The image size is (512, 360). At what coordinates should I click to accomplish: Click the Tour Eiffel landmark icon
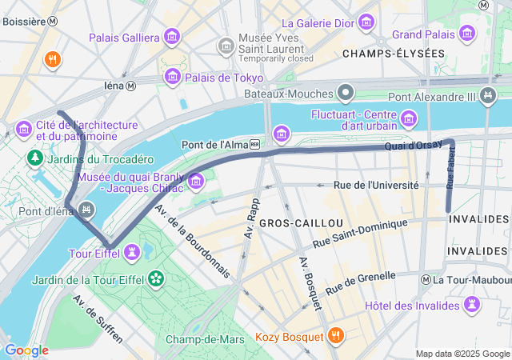[131, 253]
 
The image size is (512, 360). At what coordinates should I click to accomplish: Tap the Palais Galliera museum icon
[171, 37]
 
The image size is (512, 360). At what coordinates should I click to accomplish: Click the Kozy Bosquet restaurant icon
[335, 337]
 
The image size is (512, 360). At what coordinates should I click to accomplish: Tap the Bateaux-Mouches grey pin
[346, 94]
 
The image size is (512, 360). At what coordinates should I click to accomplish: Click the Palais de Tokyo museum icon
[171, 77]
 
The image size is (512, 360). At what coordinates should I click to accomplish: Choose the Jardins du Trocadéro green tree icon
[35, 158]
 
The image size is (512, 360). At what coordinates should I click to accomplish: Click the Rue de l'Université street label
[376, 186]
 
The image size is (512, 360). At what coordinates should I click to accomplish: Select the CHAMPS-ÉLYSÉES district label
[393, 54]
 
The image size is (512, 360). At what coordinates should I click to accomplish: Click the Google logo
[26, 350]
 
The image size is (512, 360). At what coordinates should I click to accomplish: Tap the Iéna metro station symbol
[131, 86]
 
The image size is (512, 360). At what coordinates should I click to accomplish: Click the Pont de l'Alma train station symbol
[254, 145]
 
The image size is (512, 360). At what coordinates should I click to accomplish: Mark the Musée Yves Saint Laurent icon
[226, 46]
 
